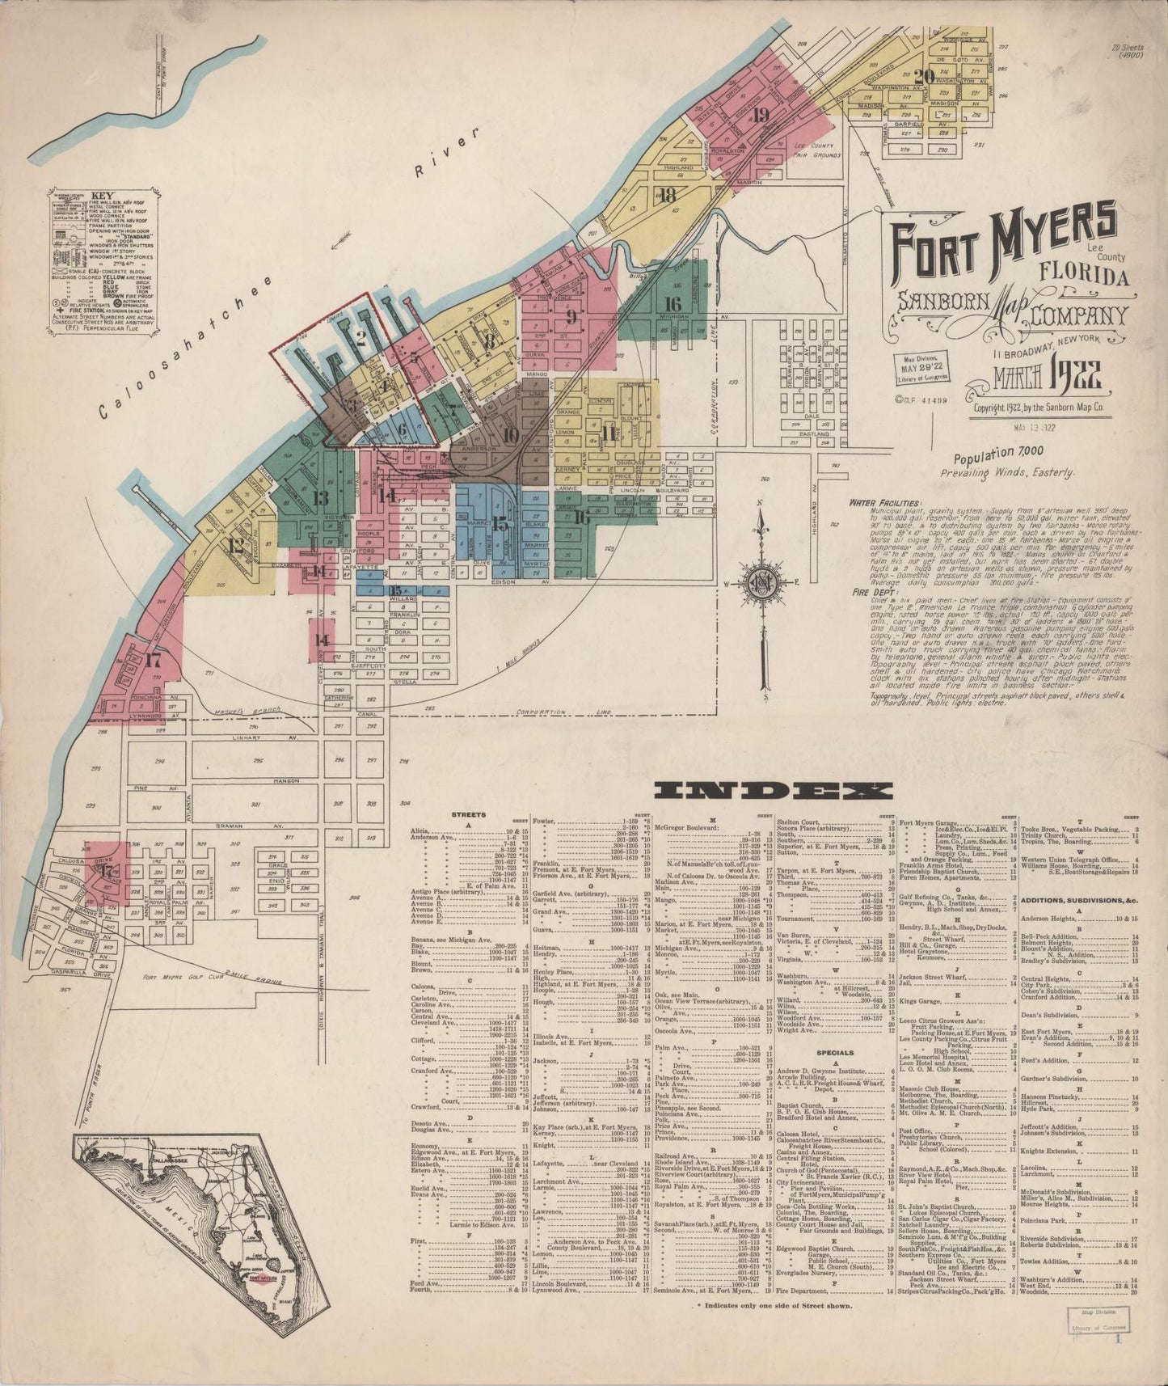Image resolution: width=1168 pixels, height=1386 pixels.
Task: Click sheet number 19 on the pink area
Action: [x=760, y=115]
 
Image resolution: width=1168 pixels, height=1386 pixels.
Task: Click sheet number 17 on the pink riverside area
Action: [x=153, y=659]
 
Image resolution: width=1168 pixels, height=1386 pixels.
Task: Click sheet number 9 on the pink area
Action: [x=571, y=316]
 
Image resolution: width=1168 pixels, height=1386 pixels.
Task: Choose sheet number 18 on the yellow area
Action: [x=667, y=195]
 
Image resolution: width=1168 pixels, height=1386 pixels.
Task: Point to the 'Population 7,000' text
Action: [x=998, y=454]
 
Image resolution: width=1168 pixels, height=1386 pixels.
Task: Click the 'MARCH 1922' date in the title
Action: [x=1048, y=377]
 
